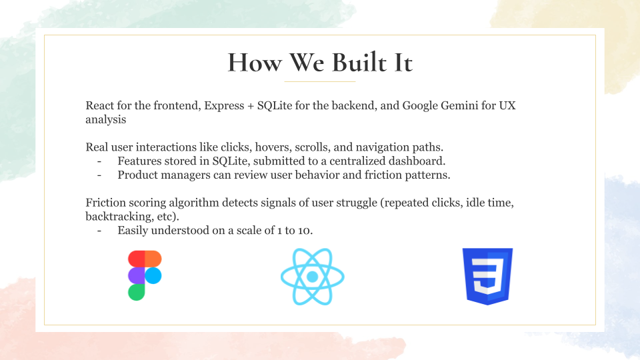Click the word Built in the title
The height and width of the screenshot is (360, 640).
[359, 63]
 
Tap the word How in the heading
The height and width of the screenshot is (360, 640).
[255, 63]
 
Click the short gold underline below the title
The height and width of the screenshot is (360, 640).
[320, 81]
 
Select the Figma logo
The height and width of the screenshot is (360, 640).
[145, 275]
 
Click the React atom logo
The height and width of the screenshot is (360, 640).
[313, 277]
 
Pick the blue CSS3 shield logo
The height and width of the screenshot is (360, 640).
[487, 276]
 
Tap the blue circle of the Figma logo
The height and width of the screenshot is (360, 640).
[153, 275]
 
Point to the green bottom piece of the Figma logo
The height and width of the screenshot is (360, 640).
[136, 292]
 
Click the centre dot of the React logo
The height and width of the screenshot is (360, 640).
[313, 277]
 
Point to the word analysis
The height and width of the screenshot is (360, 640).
[106, 119]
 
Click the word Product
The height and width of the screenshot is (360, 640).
[137, 175]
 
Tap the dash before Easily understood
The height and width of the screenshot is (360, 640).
[99, 231]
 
